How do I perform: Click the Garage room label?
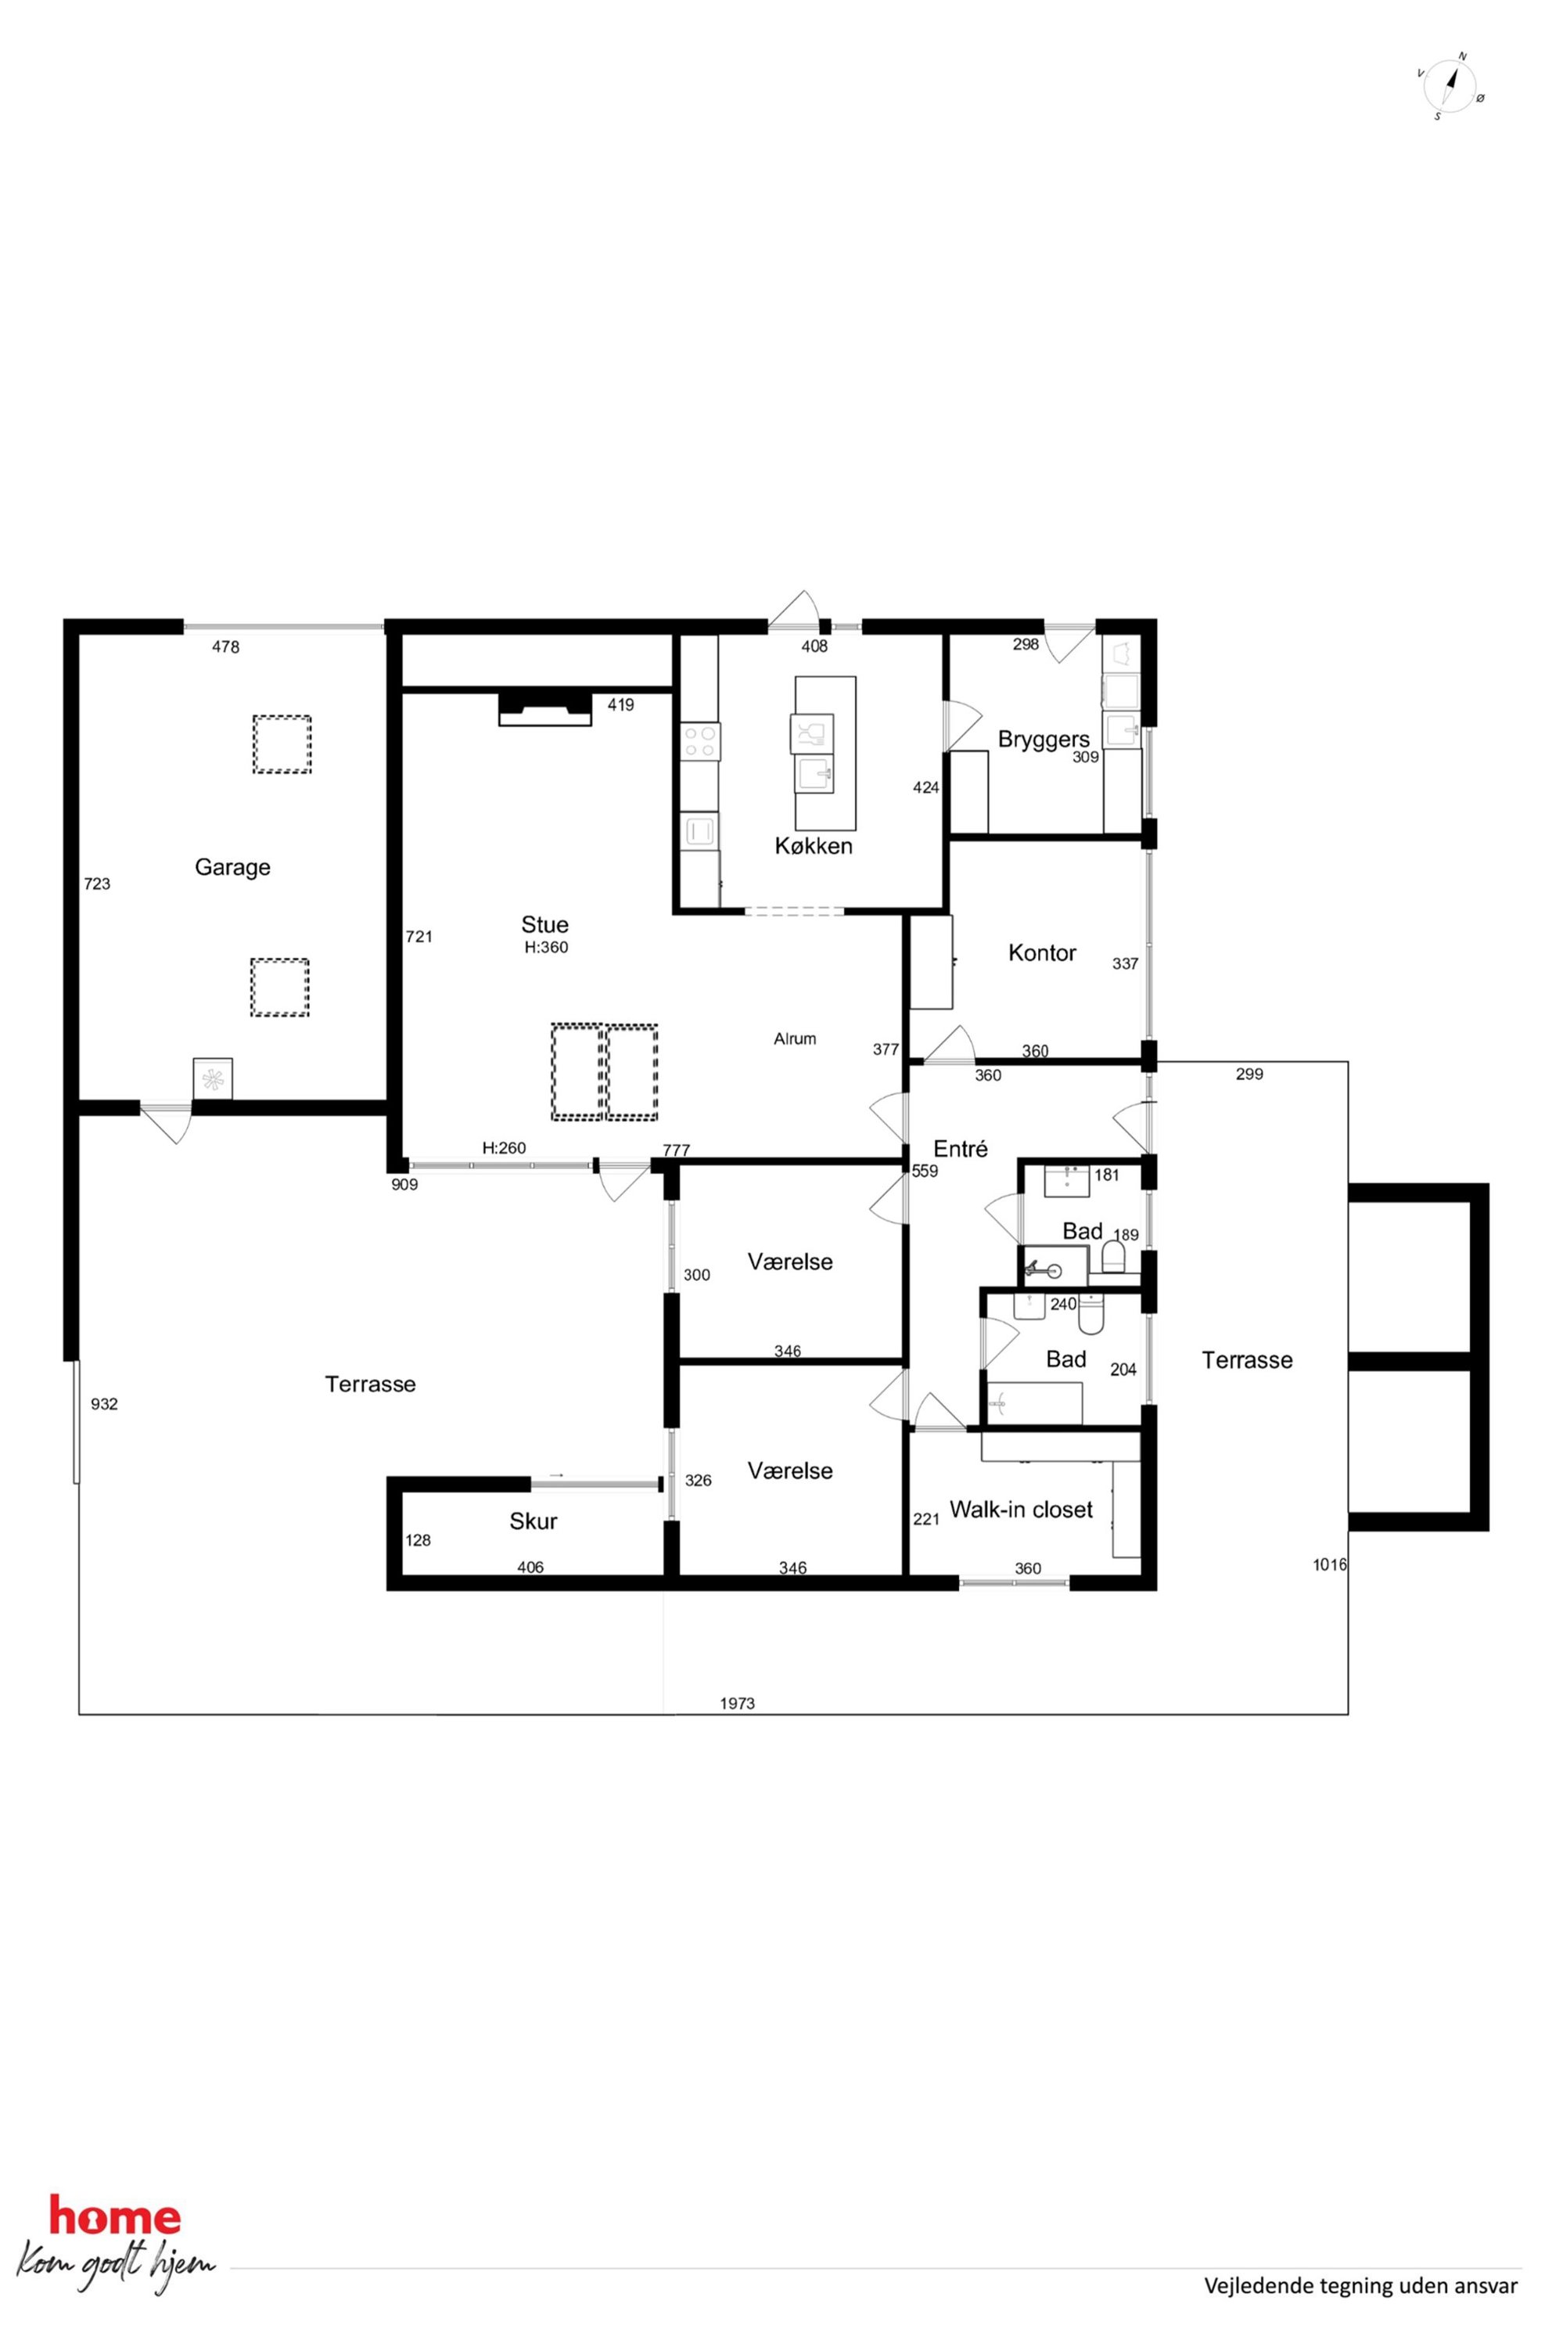coord(232,867)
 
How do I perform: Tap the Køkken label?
coord(814,846)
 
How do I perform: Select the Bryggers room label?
coord(1044,740)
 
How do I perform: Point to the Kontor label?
coord(1041,952)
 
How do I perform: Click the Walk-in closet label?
coord(1022,1509)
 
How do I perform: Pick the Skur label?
coord(533,1521)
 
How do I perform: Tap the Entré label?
coord(960,1149)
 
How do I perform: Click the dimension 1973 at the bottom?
coord(738,1703)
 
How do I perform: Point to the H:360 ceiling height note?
coord(546,948)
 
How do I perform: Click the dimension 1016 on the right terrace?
coord(1329,1564)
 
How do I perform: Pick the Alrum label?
coord(795,1039)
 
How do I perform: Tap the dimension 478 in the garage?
coord(225,646)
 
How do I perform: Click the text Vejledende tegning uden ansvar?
coord(1360,2285)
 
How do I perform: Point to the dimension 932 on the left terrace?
coord(104,1403)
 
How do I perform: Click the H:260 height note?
coord(504,1147)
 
